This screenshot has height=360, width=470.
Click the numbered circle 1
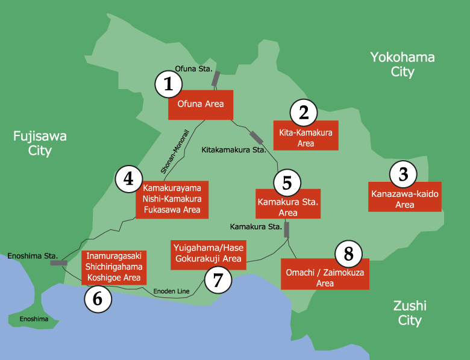pyautogui.click(x=169, y=84)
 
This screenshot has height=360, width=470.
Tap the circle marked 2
pyautogui.click(x=304, y=113)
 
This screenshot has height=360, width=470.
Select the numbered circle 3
pyautogui.click(x=404, y=175)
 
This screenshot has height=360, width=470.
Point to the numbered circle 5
pyautogui.click(x=287, y=182)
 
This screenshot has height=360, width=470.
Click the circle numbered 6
pyautogui.click(x=98, y=299)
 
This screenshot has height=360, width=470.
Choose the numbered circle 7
pyautogui.click(x=218, y=280)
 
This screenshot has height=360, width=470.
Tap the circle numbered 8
pyautogui.click(x=348, y=254)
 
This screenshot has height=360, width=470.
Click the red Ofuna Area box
pyautogui.click(x=200, y=104)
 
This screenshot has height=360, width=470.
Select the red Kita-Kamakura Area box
pyautogui.click(x=306, y=138)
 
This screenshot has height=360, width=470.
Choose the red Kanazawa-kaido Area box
pyautogui.click(x=405, y=199)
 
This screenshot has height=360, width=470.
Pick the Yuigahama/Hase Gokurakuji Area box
pyautogui.click(x=208, y=253)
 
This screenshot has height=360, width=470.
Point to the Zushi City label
pyautogui.click(x=410, y=312)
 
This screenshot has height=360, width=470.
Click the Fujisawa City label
pyautogui.click(x=40, y=143)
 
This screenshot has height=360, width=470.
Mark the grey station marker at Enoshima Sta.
pyautogui.click(x=59, y=263)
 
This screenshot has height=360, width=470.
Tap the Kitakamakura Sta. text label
pyautogui.click(x=234, y=149)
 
